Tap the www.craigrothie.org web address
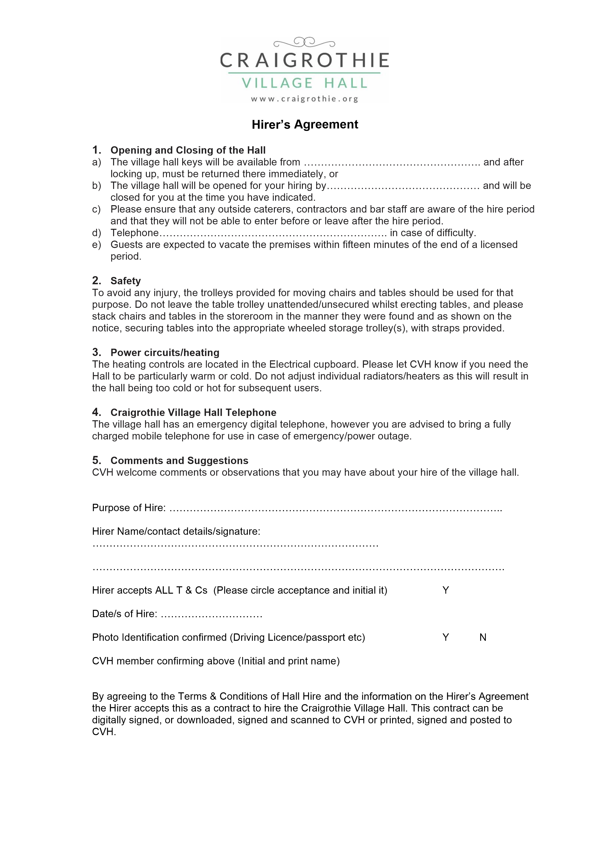[305, 99]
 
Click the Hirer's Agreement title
[305, 124]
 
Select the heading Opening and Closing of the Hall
[188, 150]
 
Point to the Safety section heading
[125, 281]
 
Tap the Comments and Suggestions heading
[179, 461]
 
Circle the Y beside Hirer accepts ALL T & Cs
[446, 590]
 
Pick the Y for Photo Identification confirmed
[446, 637]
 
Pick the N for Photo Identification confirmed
[483, 637]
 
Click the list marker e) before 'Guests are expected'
[97, 245]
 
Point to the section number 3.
[96, 352]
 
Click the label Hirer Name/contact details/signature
[176, 531]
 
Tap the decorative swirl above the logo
[304, 42]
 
